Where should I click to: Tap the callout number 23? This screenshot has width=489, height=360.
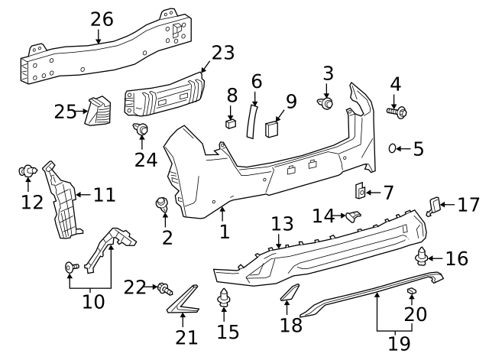[222, 53]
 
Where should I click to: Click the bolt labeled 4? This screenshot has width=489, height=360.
[397, 112]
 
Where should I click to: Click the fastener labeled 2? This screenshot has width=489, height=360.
[162, 203]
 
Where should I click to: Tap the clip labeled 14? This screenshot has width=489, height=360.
[351, 216]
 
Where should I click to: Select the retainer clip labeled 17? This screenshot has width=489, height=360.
[434, 204]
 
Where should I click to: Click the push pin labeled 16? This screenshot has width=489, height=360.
[422, 256]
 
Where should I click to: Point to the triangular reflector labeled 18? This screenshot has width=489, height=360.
[290, 293]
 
